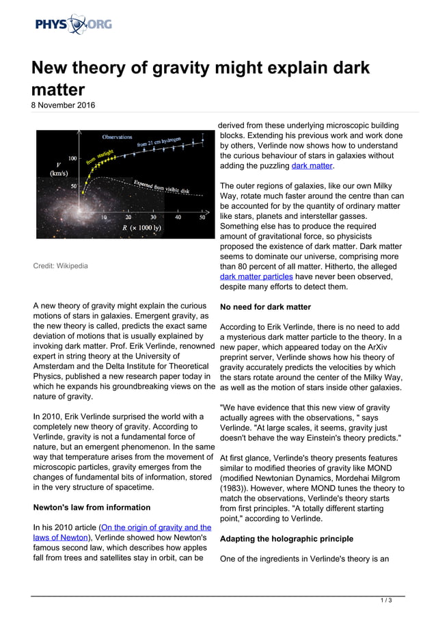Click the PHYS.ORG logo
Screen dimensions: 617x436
(x=73, y=25)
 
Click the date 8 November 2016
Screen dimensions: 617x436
(x=64, y=105)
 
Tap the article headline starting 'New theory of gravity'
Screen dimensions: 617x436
(x=200, y=78)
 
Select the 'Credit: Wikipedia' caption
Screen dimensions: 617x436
(x=60, y=265)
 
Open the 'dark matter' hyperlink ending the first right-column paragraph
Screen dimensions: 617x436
(x=312, y=166)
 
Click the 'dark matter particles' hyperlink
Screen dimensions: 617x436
(x=256, y=276)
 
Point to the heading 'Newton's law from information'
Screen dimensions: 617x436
(x=92, y=507)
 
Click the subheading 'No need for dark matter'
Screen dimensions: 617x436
(x=265, y=307)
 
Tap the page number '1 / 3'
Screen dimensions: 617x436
(x=385, y=601)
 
